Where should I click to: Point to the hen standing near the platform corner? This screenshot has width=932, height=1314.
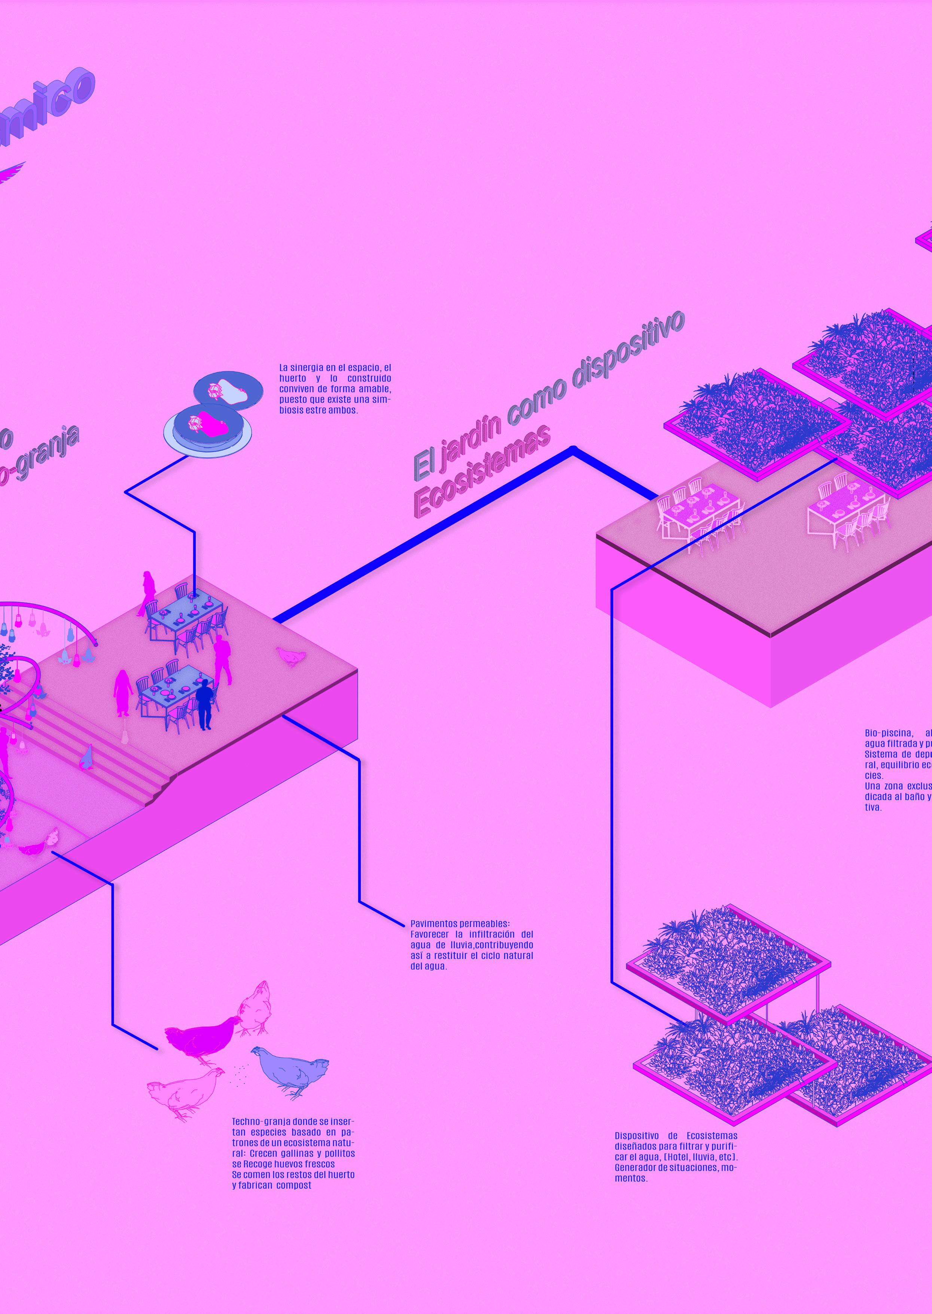(x=292, y=656)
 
